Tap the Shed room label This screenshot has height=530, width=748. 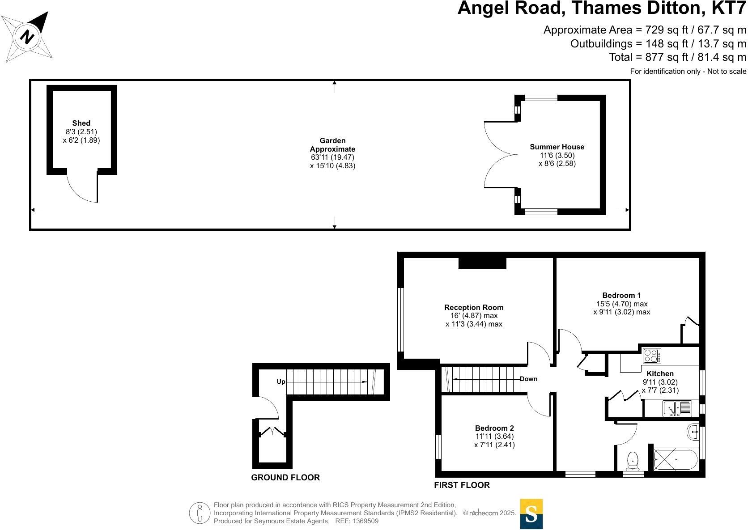[x=81, y=123]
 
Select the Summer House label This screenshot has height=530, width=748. [x=557, y=147]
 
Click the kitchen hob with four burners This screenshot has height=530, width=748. [x=651, y=356]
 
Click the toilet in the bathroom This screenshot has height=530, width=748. [x=633, y=461]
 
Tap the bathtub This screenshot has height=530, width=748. [x=675, y=460]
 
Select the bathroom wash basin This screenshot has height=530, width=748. [x=693, y=432]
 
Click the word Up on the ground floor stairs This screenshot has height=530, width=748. [x=281, y=382]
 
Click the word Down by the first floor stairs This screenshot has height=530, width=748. [x=528, y=379]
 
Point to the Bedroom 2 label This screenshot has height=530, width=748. [x=494, y=428]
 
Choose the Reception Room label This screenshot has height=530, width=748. [x=474, y=307]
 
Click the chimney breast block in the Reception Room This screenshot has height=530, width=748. [x=482, y=263]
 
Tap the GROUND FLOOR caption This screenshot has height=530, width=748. [x=285, y=478]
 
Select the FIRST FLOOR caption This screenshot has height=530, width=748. [x=462, y=485]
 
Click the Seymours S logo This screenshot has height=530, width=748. [x=531, y=514]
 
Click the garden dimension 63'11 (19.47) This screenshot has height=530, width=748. [x=332, y=157]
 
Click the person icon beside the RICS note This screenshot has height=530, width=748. [x=200, y=513]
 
